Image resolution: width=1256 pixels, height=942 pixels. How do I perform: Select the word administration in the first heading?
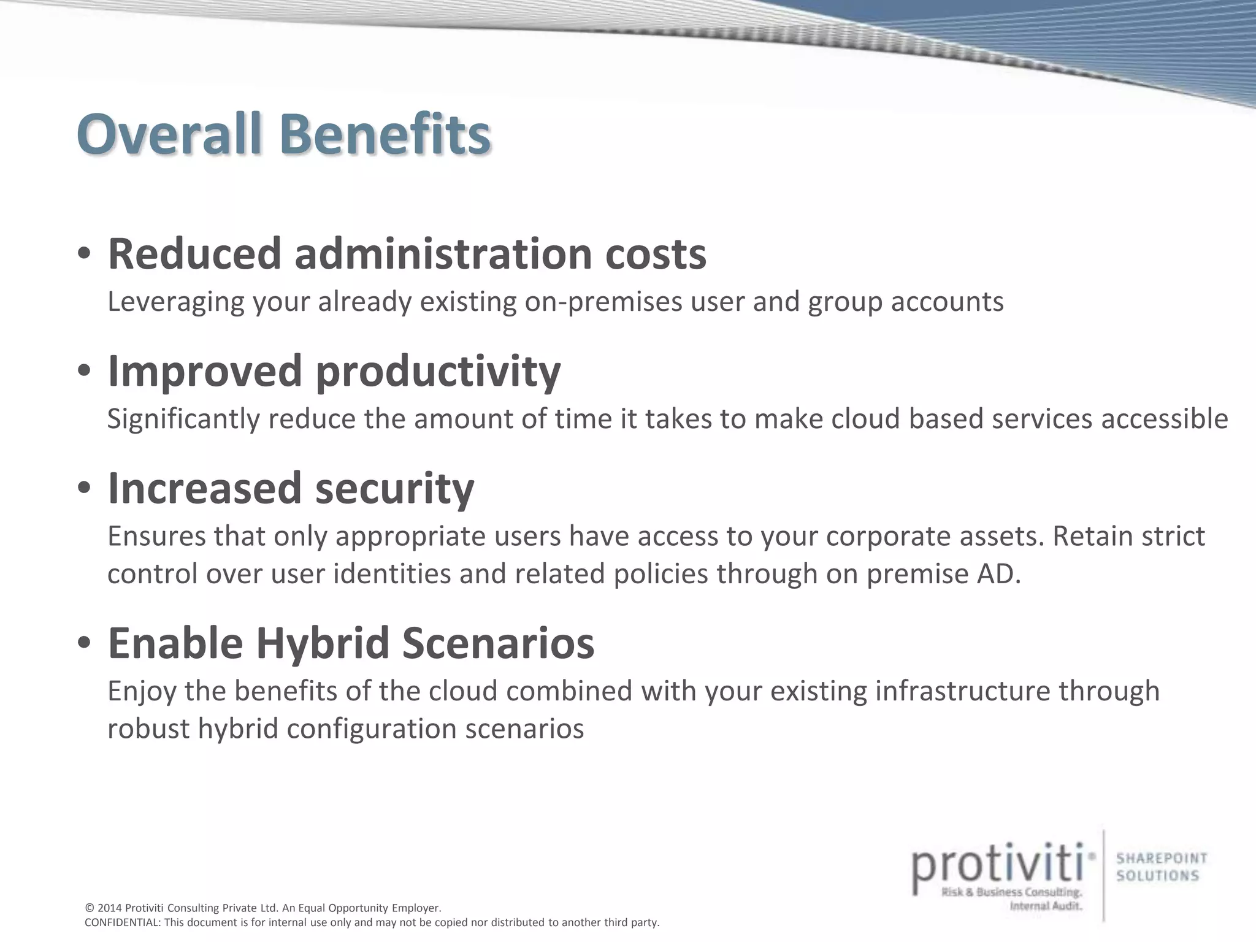click(443, 253)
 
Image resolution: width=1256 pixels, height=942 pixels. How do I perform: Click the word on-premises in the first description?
click(603, 302)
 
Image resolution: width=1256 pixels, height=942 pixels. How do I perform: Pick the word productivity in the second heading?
click(438, 372)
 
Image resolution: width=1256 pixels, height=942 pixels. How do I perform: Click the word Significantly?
click(183, 419)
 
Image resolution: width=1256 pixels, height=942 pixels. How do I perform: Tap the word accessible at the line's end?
click(1165, 419)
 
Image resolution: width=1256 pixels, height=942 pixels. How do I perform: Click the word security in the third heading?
click(395, 489)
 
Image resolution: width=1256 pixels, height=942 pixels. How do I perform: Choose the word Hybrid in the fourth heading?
click(323, 643)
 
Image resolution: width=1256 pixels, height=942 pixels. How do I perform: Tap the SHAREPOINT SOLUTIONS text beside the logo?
click(1161, 867)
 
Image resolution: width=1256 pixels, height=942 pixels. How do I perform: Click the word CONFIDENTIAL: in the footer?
click(123, 922)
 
